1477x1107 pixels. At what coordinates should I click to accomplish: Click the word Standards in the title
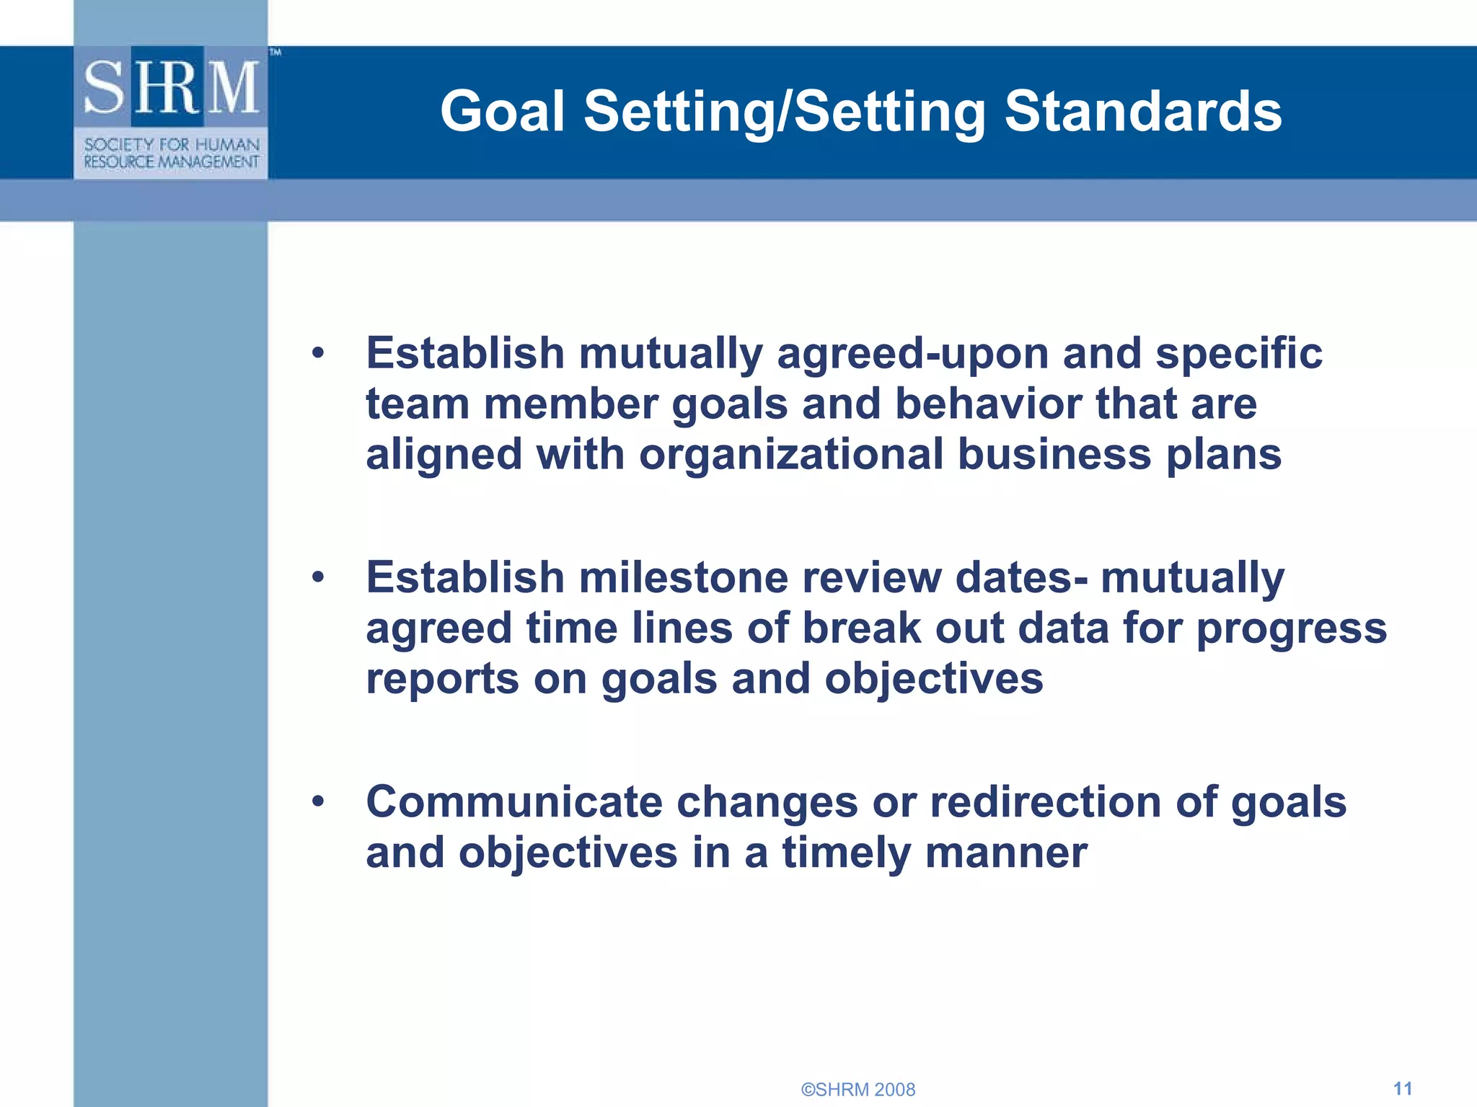1142,112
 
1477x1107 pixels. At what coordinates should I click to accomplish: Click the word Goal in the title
502,112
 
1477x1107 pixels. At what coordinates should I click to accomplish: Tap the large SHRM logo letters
171,88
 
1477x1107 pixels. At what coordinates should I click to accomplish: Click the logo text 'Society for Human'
171,145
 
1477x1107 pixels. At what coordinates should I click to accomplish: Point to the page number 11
1402,1088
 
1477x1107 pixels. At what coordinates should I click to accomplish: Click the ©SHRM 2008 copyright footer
857,1090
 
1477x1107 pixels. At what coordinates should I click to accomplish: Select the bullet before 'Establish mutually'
318,354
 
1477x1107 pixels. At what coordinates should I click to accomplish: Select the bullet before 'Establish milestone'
318,578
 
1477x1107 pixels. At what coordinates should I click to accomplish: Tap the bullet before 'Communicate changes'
318,802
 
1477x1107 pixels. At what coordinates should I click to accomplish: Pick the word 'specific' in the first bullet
1238,355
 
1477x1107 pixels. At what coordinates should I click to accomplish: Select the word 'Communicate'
513,802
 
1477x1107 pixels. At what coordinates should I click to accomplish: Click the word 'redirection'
1045,802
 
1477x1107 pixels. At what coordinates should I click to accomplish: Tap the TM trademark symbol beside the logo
275,53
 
